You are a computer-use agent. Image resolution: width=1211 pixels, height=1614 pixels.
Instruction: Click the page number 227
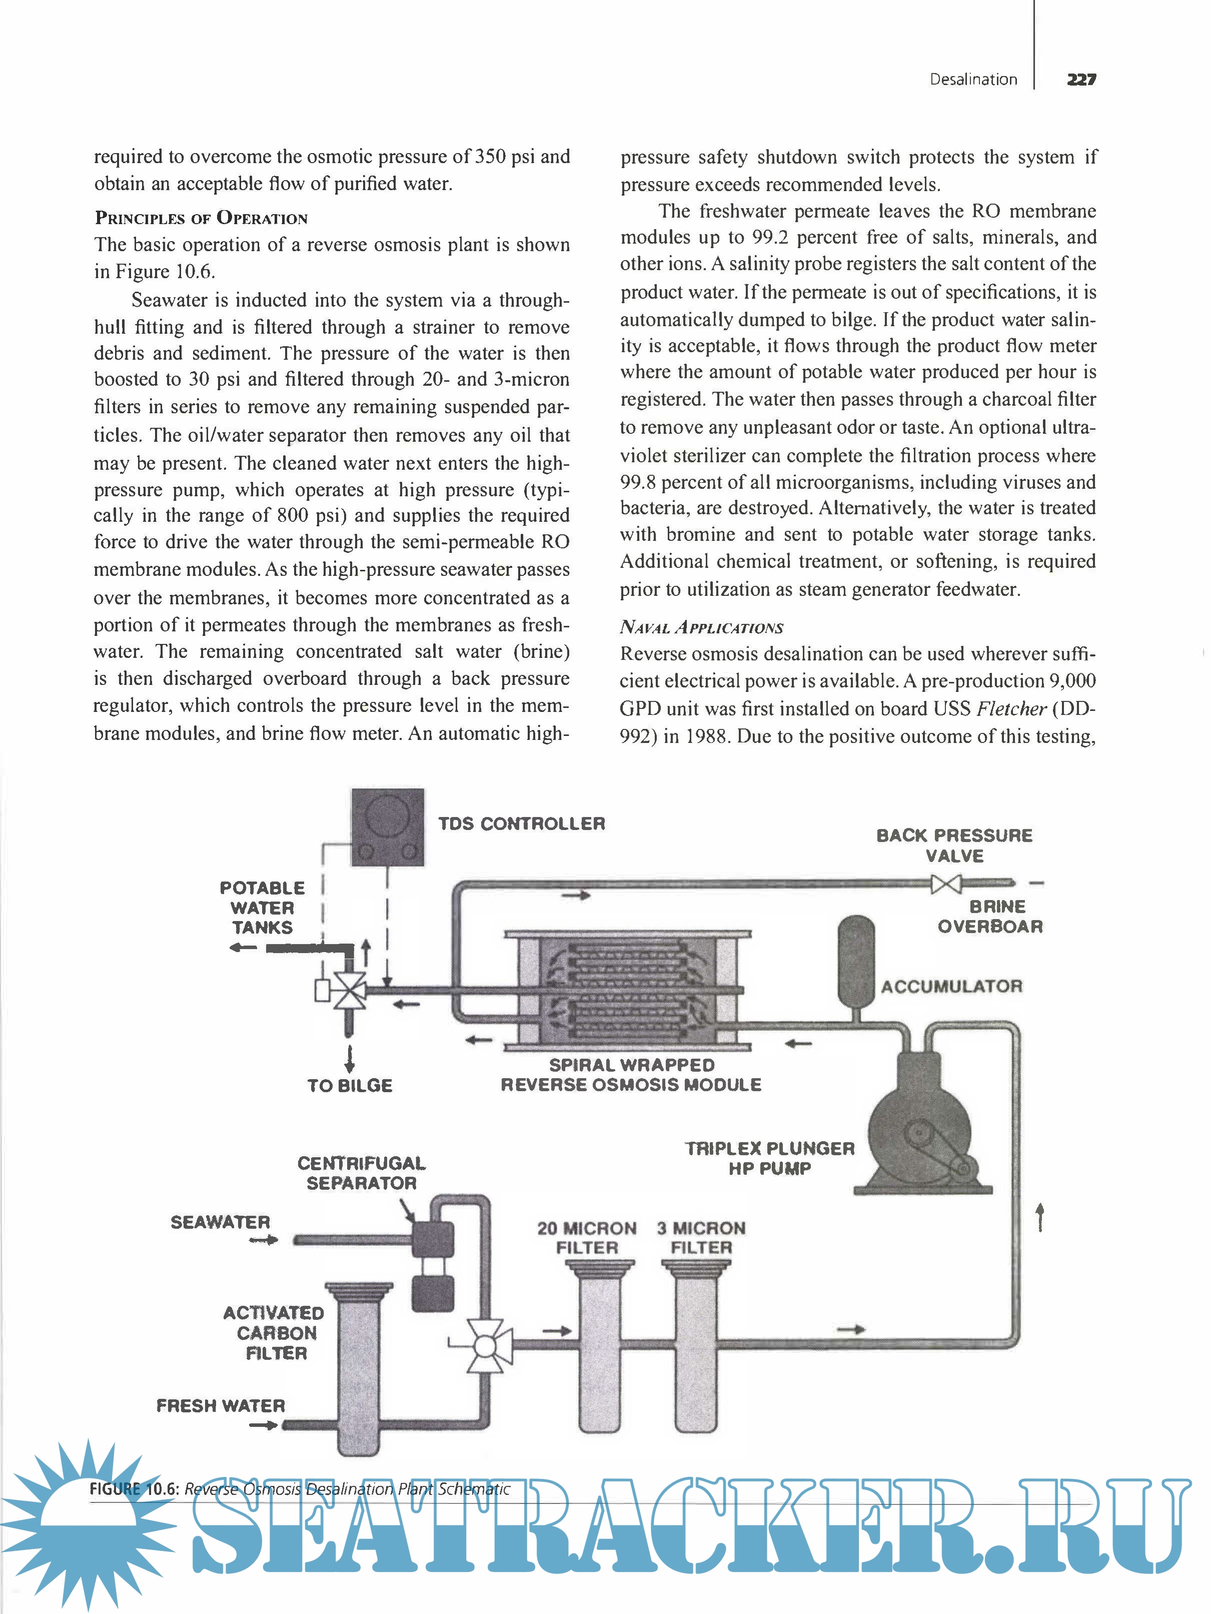[x=1080, y=79]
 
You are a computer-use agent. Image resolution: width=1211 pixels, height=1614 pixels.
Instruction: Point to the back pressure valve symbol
[x=946, y=885]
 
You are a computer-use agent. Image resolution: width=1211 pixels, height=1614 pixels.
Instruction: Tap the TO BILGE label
[x=350, y=1086]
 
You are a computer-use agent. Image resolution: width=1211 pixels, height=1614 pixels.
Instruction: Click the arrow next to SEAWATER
[x=263, y=1240]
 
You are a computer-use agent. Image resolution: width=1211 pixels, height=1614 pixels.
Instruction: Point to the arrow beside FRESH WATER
[x=263, y=1425]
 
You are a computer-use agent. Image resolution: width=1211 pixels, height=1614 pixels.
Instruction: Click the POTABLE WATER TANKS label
[x=262, y=908]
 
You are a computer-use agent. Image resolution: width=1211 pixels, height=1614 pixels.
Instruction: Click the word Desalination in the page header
[x=973, y=80]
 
